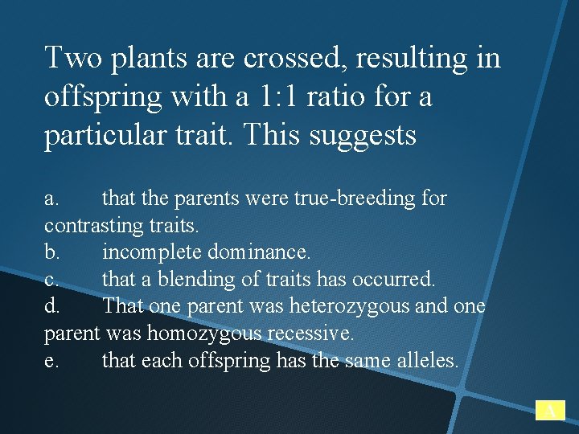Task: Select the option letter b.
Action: (51, 252)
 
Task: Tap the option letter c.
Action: (51, 280)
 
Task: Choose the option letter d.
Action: (51, 306)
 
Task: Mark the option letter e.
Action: (51, 361)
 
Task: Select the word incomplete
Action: (152, 253)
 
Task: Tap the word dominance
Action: (259, 252)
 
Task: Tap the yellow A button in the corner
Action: (550, 411)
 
